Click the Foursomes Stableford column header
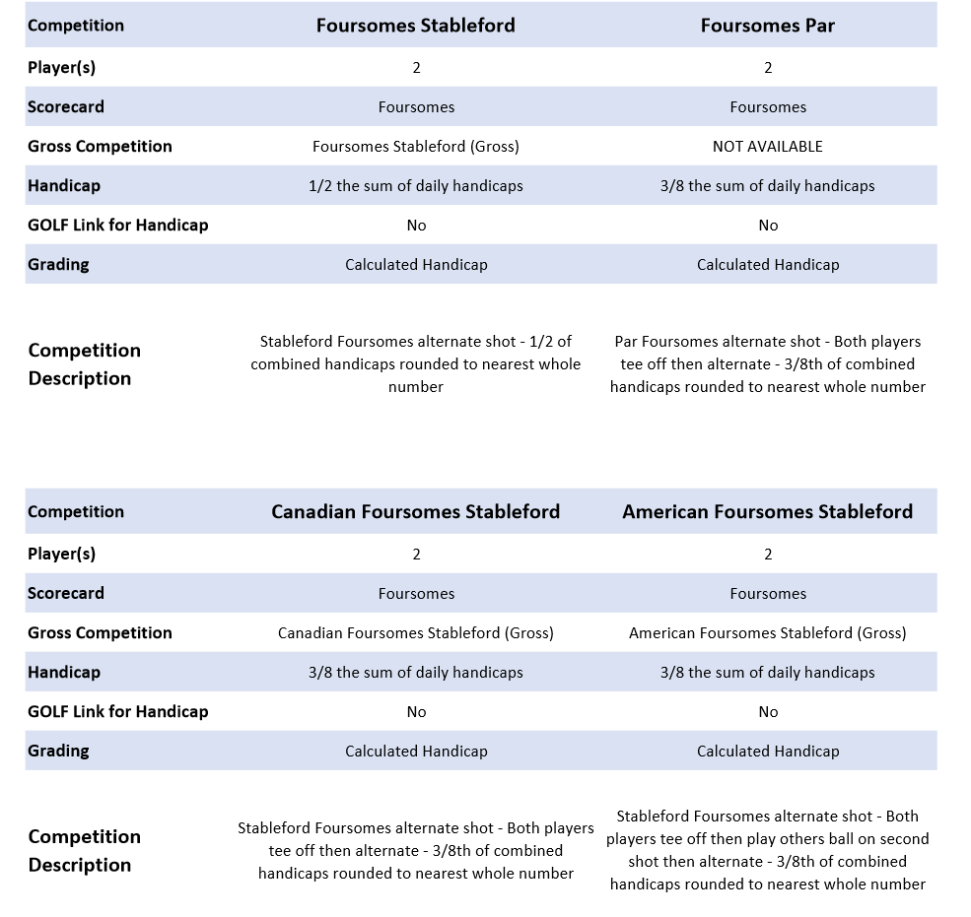(415, 26)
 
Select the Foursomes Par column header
(767, 26)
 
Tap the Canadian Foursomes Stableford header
(415, 511)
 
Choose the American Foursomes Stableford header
(767, 511)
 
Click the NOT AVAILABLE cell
(767, 146)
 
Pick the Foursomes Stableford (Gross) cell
(415, 146)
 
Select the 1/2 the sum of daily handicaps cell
(415, 185)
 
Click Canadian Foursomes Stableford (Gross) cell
(415, 632)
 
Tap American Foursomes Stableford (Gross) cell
(767, 632)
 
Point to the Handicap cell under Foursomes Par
(767, 185)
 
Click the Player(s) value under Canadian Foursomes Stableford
(416, 554)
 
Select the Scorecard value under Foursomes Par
(768, 106)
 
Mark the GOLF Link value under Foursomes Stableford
(416, 225)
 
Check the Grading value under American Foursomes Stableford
(768, 751)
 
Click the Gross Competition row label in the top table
(100, 146)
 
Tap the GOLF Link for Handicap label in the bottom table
(117, 711)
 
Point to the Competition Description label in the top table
(84, 363)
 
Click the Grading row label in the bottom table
(58, 751)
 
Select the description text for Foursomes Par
(767, 363)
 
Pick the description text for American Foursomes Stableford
(767, 850)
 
